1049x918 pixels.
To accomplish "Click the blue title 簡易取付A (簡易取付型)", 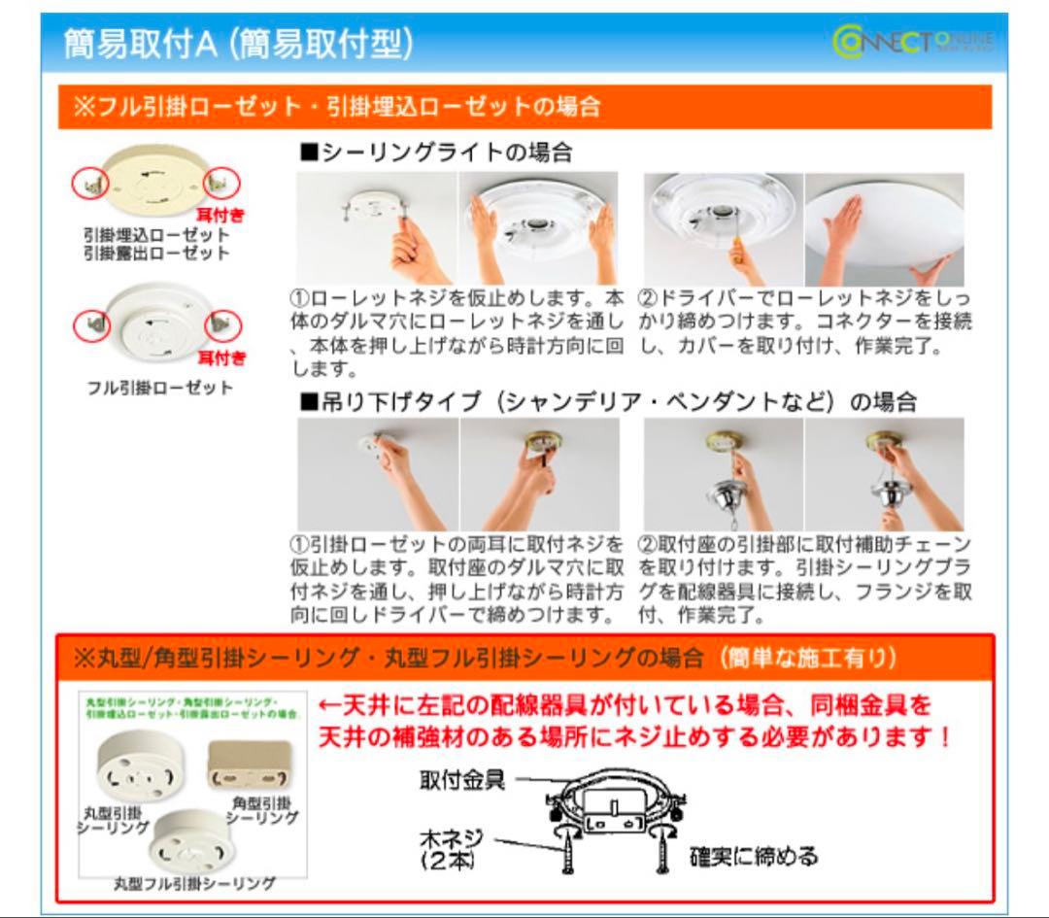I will tap(239, 43).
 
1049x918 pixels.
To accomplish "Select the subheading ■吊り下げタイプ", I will tap(392, 401).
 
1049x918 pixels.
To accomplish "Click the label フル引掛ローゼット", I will tap(156, 388).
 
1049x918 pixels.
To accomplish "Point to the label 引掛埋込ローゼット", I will tap(156, 235).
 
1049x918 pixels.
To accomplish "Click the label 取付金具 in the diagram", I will tap(461, 781).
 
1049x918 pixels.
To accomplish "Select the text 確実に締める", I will tap(754, 856).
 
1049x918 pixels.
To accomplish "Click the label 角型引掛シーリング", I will tap(263, 810).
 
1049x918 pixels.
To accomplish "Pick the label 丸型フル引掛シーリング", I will tap(194, 883).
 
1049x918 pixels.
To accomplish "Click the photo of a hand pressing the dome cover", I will tap(884, 229).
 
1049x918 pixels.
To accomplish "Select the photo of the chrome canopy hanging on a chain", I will tap(724, 476).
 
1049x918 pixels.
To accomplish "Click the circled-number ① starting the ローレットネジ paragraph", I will tap(300, 295).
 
